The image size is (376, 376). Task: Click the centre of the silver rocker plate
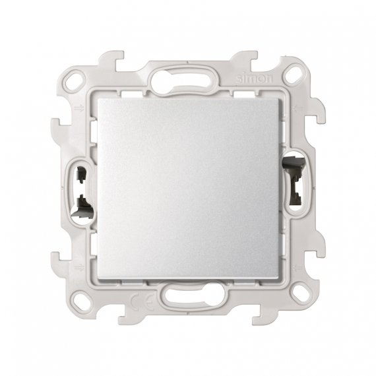click(188, 188)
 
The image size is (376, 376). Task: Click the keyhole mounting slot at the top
click(188, 83)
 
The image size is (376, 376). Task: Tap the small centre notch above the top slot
click(188, 64)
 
